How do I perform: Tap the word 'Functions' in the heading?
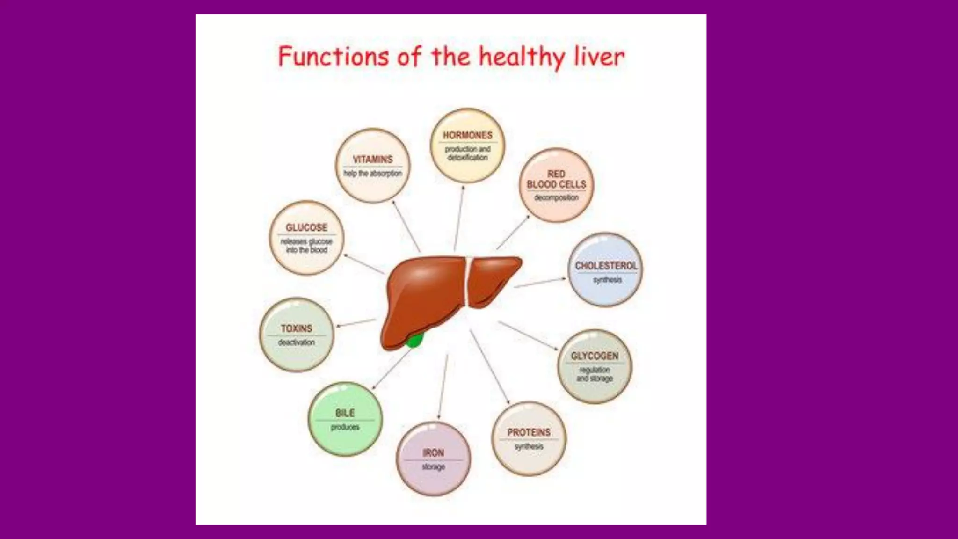coord(333,57)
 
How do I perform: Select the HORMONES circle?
coord(467,146)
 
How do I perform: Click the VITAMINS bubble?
coord(373,166)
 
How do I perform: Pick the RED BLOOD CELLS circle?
coord(556,185)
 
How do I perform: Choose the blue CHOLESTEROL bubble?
coord(605,270)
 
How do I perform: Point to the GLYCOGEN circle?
coord(595,366)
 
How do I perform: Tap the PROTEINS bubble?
coord(529,438)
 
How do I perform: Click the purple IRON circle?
coord(433,459)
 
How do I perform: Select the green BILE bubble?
coord(345,419)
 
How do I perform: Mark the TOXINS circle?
coord(297,335)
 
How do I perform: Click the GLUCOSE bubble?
coord(306,238)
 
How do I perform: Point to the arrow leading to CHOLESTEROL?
coord(540,283)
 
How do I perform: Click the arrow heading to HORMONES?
coord(459,218)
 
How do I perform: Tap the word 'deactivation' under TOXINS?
coord(297,342)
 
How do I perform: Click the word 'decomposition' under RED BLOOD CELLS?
coord(556,198)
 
